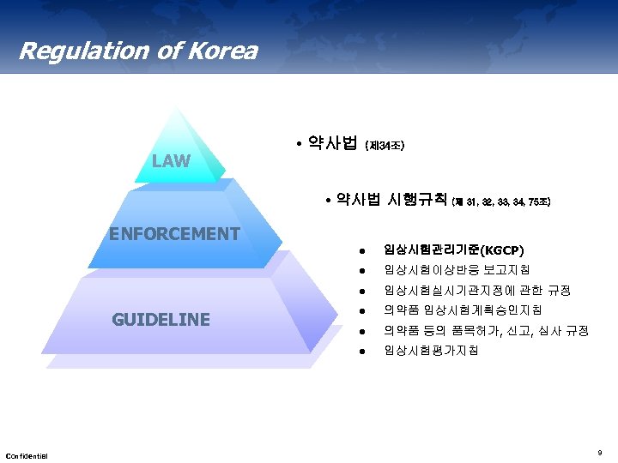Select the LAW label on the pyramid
[171, 160]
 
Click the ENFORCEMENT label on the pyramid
[173, 233]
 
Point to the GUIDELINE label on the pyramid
[161, 320]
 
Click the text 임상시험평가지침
[432, 351]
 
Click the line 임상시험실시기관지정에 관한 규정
[477, 291]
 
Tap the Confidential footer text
[27, 454]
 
